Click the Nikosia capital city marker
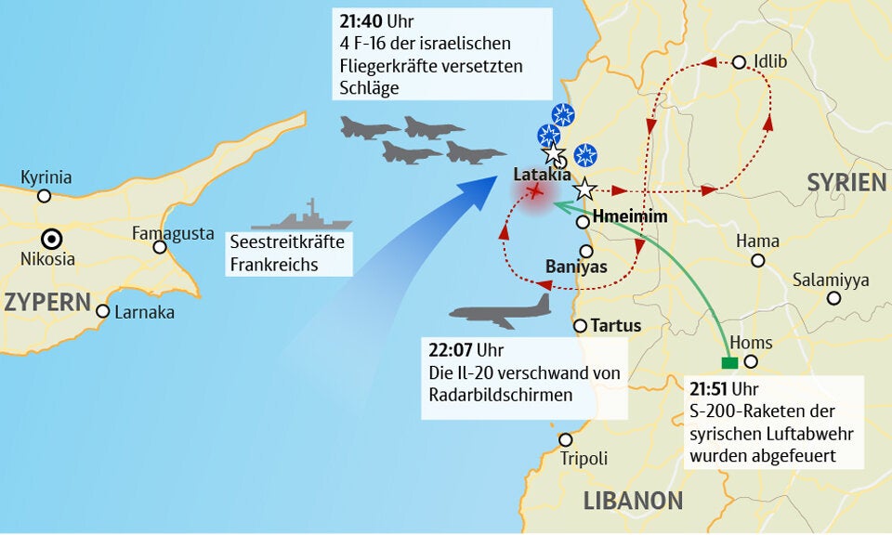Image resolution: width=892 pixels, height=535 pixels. [x=52, y=238]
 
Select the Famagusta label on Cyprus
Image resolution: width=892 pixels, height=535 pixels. [x=173, y=232]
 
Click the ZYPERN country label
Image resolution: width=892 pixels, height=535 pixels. [x=46, y=301]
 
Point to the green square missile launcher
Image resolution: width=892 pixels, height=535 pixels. [x=729, y=363]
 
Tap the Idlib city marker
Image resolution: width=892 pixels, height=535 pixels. [x=739, y=62]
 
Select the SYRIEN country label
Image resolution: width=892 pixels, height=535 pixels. [x=846, y=182]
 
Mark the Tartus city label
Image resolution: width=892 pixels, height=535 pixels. [x=615, y=326]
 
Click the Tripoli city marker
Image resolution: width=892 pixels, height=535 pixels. [x=566, y=439]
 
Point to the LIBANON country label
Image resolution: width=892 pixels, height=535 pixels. [x=633, y=501]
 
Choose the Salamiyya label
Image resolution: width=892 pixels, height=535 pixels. [x=831, y=280]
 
